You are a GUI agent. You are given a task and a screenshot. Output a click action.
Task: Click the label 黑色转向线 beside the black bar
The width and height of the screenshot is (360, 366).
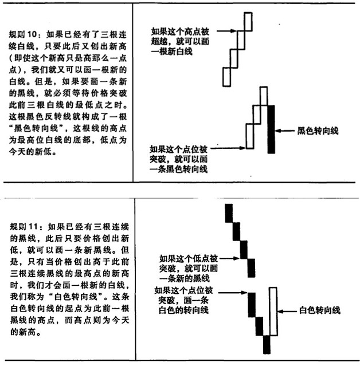tap(318, 131)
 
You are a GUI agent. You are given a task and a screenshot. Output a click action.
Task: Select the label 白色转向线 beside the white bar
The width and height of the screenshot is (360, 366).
tap(320, 310)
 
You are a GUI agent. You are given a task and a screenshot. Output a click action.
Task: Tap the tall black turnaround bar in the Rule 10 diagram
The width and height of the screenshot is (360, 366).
tap(271, 129)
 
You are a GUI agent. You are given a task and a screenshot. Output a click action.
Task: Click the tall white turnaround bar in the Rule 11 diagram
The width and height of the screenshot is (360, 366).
tap(273, 312)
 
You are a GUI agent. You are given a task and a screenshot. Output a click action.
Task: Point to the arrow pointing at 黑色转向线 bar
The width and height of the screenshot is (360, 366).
tap(284, 131)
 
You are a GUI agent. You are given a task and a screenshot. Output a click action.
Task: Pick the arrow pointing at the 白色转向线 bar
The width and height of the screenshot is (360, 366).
tap(287, 312)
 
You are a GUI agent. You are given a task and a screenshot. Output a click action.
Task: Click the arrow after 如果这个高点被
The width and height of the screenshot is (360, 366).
tap(227, 30)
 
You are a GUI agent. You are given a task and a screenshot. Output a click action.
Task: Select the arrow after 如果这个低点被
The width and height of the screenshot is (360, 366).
tap(230, 258)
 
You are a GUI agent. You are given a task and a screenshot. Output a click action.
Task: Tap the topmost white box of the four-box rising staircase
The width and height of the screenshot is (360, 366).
tap(248, 21)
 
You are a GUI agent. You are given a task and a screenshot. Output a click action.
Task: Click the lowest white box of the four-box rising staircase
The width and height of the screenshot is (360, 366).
tap(226, 77)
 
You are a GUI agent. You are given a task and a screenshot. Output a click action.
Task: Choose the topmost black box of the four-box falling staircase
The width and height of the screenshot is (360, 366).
tap(229, 213)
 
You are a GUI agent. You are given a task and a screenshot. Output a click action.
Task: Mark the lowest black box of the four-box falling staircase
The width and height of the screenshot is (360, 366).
tap(251, 268)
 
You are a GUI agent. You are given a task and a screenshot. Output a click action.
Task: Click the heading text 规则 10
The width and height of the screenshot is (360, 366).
tap(23, 34)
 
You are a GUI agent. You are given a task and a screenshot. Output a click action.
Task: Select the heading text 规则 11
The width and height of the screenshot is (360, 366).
tap(24, 227)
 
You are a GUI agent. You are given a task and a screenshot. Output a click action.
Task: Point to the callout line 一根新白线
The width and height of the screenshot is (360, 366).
tap(172, 52)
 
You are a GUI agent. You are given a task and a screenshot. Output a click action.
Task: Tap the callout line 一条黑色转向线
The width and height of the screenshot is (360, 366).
tap(178, 169)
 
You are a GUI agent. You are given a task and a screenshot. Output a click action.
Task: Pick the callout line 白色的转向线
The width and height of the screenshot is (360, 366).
tap(183, 310)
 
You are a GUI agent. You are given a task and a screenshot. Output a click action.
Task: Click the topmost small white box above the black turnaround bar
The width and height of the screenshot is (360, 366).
tap(264, 96)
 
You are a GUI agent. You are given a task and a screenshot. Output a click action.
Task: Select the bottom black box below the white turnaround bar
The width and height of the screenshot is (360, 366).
tap(267, 345)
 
